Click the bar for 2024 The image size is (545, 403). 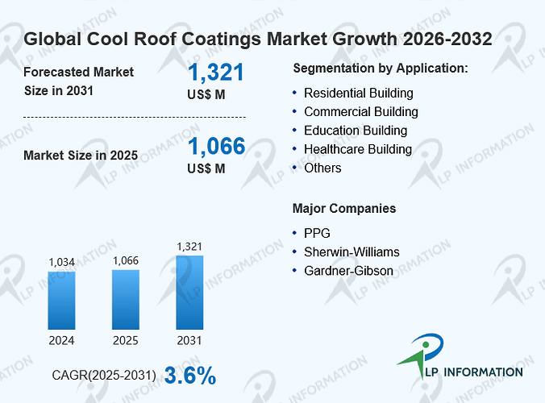[61, 301]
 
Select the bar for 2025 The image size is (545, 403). [126, 300]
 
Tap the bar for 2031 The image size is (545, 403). [189, 293]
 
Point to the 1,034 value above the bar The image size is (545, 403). [62, 262]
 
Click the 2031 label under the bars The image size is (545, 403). [189, 340]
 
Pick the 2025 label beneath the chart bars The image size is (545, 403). [126, 340]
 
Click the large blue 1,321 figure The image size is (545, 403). [216, 73]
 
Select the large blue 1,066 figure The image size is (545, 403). [217, 146]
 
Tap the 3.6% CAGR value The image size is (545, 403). [190, 376]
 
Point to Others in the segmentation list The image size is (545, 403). [322, 168]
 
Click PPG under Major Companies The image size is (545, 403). [317, 233]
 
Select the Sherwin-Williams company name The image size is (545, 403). [352, 251]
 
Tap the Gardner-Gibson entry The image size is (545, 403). [348, 271]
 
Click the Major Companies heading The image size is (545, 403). [344, 209]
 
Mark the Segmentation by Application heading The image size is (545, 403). [381, 69]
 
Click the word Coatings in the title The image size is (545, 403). [221, 39]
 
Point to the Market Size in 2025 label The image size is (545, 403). [81, 156]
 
